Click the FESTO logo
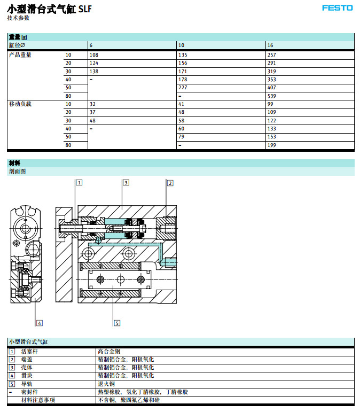point(337,8)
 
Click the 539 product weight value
point(272,96)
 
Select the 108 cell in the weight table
point(94,55)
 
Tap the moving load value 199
point(272,145)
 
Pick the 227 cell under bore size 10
point(183,88)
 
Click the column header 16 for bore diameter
point(270,45)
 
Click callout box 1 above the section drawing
point(79,183)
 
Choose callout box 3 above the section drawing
point(126,183)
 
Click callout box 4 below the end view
point(39,323)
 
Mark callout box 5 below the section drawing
point(117,323)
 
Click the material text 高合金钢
point(109,352)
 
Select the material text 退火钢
point(106,384)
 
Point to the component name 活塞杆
point(29,352)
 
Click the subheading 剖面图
point(17,172)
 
